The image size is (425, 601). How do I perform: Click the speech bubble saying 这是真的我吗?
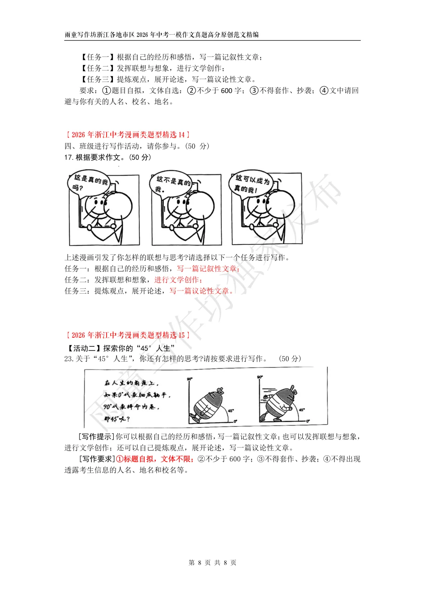coord(90,183)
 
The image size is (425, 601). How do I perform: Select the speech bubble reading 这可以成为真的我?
coord(251,183)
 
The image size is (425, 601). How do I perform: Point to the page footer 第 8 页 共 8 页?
coord(213,562)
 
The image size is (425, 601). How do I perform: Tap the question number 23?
coord(68,359)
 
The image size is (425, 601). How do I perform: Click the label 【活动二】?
coord(83,348)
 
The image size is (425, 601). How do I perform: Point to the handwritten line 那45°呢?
coord(117,419)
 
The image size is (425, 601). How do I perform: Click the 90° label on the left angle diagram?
coord(190,379)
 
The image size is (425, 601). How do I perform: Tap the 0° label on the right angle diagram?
coord(308,421)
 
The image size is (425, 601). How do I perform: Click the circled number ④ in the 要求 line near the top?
coord(324,91)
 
